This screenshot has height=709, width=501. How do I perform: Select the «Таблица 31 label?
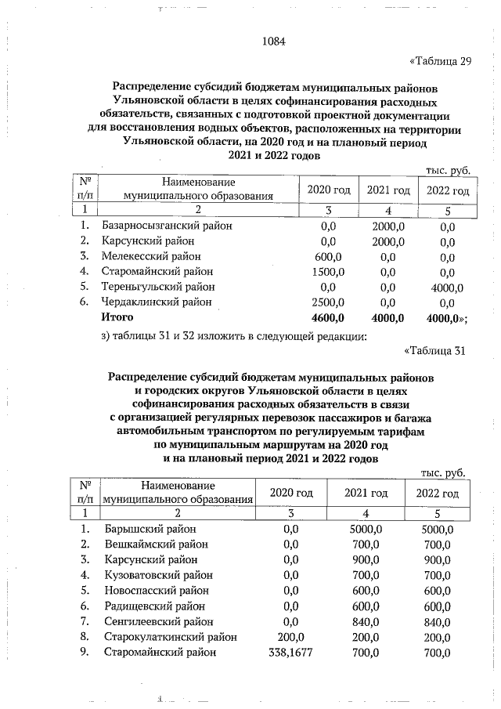point(434,350)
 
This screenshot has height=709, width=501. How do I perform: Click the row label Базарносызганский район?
point(167,226)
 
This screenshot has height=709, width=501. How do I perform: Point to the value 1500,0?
point(328,272)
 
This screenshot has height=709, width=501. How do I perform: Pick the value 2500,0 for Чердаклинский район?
point(328,302)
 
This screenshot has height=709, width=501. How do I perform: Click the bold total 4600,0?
point(328,317)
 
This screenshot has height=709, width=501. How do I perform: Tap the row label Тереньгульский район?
point(159,287)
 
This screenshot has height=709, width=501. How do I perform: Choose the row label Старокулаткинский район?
point(170,637)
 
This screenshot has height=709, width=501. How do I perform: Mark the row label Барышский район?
point(150,529)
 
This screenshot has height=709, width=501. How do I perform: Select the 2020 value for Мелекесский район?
point(328,256)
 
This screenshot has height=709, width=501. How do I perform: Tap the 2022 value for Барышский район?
point(437,529)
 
